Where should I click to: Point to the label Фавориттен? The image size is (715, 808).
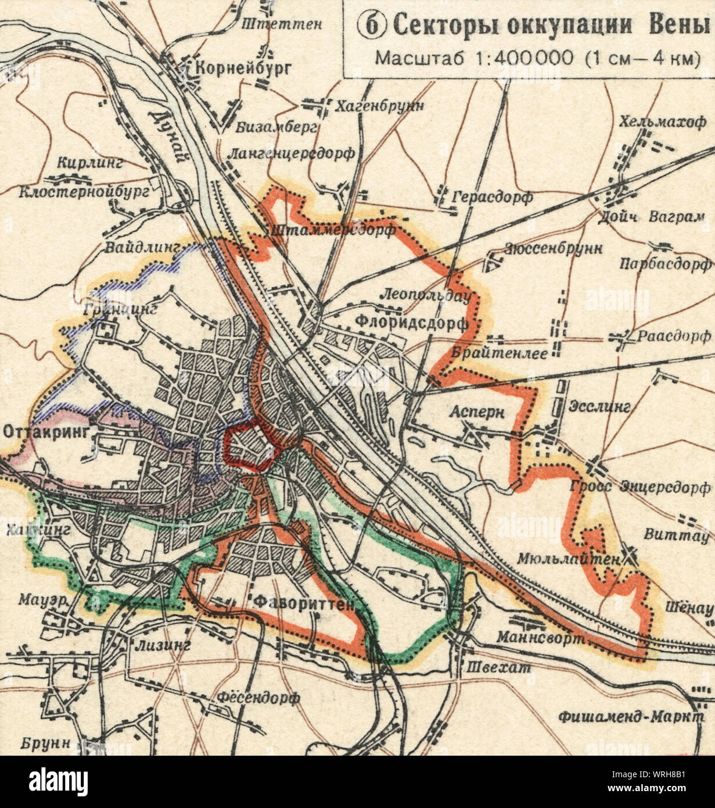304,603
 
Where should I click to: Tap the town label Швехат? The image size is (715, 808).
499,668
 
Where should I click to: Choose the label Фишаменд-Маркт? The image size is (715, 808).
636,716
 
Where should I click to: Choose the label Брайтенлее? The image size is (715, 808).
500,352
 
